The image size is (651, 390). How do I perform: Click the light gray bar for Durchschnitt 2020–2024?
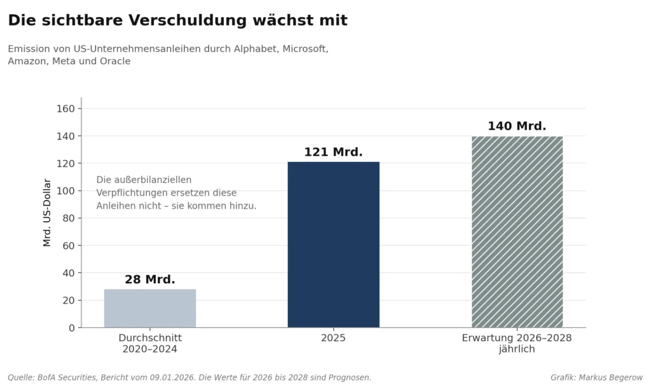tap(150, 308)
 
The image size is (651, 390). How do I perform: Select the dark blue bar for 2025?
tap(333, 245)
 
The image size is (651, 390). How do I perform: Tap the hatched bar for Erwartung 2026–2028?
tap(517, 232)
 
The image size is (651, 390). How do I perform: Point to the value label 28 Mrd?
tap(150, 279)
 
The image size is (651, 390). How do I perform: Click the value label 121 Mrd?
tap(333, 152)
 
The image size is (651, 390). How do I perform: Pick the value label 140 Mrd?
tap(517, 126)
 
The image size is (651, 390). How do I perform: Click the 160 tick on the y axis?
tap(65, 109)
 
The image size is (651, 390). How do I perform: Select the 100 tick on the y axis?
tap(65, 191)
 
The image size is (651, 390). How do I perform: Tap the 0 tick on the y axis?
tap(72, 328)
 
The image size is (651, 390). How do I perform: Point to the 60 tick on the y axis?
tap(69, 246)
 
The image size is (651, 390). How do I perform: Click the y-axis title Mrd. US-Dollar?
tap(47, 212)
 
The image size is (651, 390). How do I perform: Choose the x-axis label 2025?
tap(333, 338)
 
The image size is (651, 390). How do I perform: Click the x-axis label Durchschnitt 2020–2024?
tap(150, 344)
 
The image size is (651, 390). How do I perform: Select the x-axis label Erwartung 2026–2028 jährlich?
tap(517, 344)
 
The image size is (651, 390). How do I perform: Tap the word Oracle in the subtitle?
tap(116, 61)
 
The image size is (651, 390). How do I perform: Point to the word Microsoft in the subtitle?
tap(306, 49)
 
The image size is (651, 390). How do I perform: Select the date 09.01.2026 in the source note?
tap(172, 377)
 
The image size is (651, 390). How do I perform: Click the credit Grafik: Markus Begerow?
tap(596, 377)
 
